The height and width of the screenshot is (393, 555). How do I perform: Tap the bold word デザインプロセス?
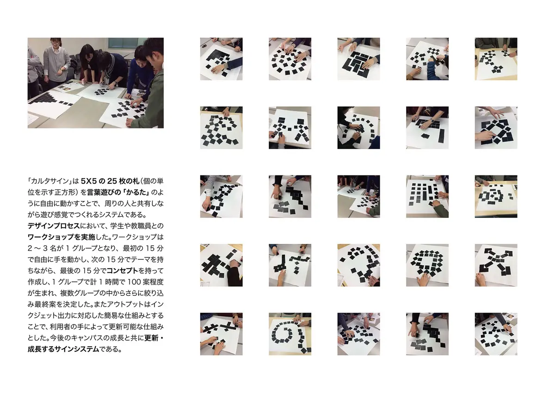tap(54, 226)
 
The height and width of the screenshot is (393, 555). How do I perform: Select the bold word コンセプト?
tap(122, 270)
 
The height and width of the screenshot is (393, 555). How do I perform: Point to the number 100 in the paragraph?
tap(135, 282)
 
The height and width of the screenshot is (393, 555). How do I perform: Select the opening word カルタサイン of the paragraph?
tap(49, 181)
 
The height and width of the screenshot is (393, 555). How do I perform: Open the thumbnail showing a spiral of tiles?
tap(290, 334)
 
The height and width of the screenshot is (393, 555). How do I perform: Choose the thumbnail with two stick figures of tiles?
tap(290, 128)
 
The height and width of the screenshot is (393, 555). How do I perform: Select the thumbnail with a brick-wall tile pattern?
tap(358, 59)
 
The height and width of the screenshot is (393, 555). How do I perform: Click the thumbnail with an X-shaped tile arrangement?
tap(496, 265)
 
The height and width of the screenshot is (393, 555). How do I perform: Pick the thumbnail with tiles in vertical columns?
tap(427, 196)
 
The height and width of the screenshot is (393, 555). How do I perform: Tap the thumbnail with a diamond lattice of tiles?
tap(496, 128)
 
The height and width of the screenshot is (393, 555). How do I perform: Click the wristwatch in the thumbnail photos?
tap(432, 120)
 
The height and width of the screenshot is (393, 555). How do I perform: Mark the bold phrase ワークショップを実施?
tap(61, 237)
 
